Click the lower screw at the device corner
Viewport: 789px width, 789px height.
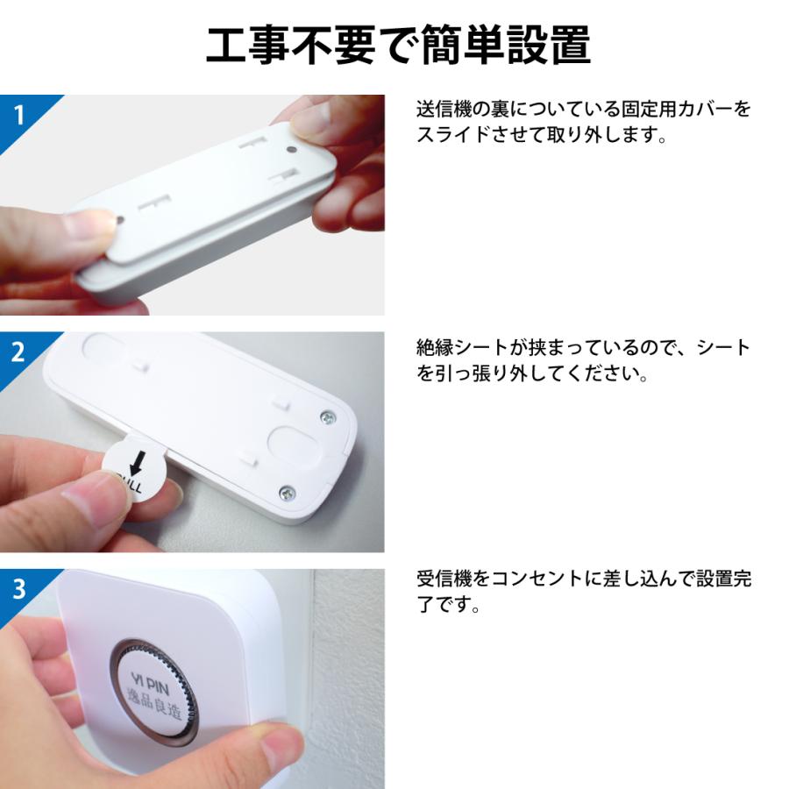pyautogui.click(x=286, y=493)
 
